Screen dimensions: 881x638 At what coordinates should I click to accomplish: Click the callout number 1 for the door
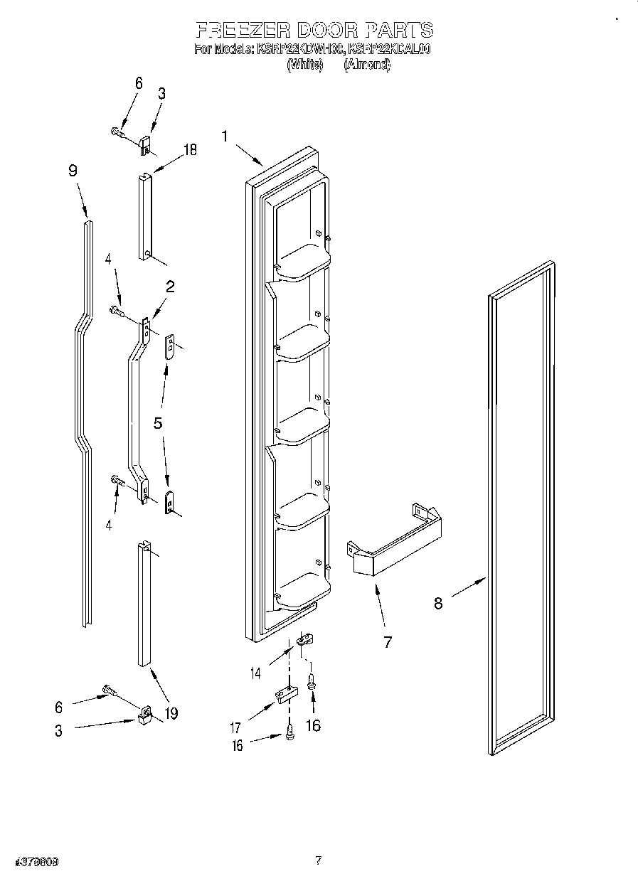[x=225, y=136]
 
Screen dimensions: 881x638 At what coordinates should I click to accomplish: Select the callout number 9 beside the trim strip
[x=73, y=171]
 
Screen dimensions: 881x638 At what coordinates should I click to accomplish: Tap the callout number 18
[x=190, y=149]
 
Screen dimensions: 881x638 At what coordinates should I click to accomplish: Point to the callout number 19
[x=171, y=712]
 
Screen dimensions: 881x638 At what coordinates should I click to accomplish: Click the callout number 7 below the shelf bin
[x=388, y=641]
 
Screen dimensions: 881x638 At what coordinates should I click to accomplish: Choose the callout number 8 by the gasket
[x=438, y=603]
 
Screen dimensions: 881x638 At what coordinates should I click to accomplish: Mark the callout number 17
[x=235, y=727]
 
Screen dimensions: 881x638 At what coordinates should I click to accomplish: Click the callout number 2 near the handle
[x=171, y=287]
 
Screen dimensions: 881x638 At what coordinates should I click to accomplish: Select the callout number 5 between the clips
[x=158, y=423]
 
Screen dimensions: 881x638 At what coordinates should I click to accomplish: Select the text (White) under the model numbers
[x=304, y=65]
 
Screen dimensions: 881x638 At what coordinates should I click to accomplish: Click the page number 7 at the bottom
[x=319, y=860]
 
